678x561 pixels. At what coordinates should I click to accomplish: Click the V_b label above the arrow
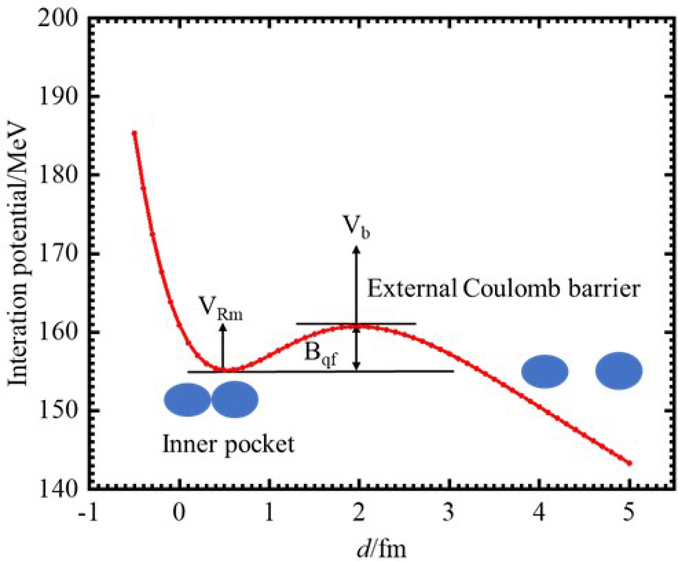(357, 227)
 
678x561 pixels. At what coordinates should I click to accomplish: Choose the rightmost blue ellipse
(619, 371)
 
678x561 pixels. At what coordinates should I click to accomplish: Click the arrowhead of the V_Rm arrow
(223, 327)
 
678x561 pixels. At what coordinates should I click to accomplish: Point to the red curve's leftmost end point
(134, 133)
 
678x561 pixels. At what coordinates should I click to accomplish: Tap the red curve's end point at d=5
(630, 463)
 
